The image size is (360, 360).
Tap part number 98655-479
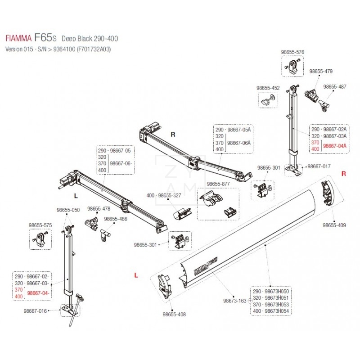[x=321, y=71]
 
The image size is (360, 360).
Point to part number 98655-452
[x=268, y=88]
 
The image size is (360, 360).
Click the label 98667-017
[x=319, y=166]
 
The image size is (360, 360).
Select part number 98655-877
[x=218, y=184]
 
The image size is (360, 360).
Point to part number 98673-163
[x=235, y=301]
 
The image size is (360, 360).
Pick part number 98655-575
[x=40, y=225]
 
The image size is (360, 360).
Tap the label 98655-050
[x=68, y=210]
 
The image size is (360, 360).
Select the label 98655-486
[x=116, y=219]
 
